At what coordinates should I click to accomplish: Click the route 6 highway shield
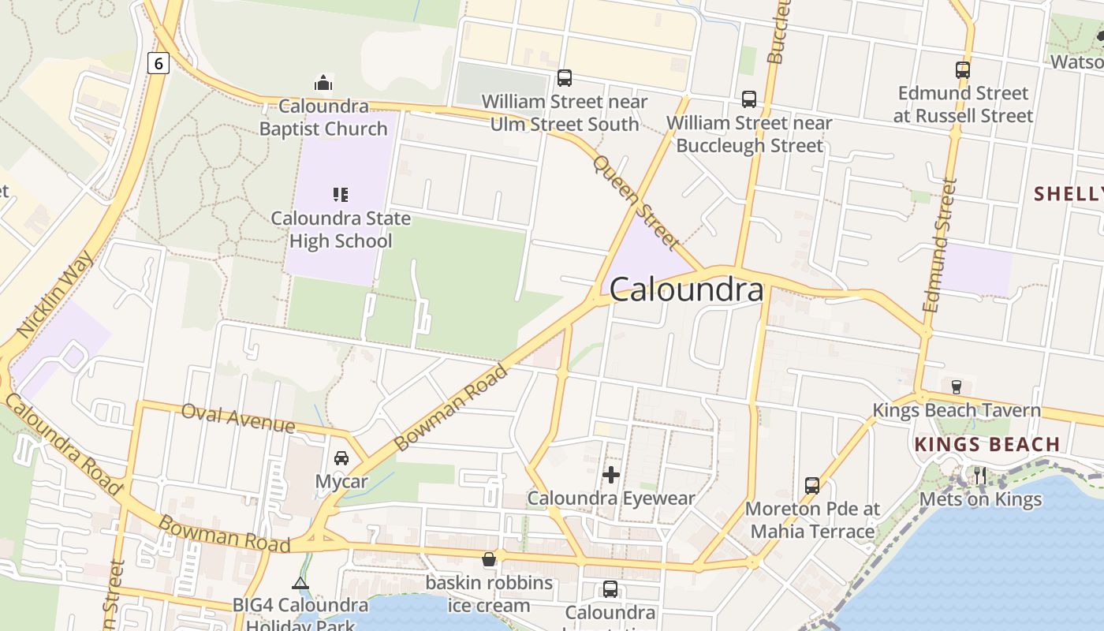click(159, 63)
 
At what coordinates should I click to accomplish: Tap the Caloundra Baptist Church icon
click(323, 83)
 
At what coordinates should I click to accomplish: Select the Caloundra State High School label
click(341, 230)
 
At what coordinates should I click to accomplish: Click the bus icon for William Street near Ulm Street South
click(565, 78)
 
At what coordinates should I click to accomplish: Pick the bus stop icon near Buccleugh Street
click(749, 99)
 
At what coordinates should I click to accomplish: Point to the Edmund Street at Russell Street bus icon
click(963, 70)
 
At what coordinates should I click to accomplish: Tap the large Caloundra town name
click(686, 290)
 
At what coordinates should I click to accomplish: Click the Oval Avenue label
click(237, 417)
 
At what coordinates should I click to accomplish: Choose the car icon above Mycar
click(341, 457)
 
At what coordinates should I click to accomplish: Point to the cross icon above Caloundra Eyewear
click(611, 475)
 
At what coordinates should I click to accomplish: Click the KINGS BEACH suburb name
click(987, 445)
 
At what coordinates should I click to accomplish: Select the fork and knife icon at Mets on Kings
click(980, 475)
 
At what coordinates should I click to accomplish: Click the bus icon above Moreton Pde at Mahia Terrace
click(812, 485)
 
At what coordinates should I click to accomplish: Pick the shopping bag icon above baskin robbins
click(489, 559)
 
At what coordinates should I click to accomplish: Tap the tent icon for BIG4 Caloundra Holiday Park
click(300, 583)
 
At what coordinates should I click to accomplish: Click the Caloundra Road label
click(63, 445)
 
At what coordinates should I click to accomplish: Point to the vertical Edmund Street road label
click(938, 245)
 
